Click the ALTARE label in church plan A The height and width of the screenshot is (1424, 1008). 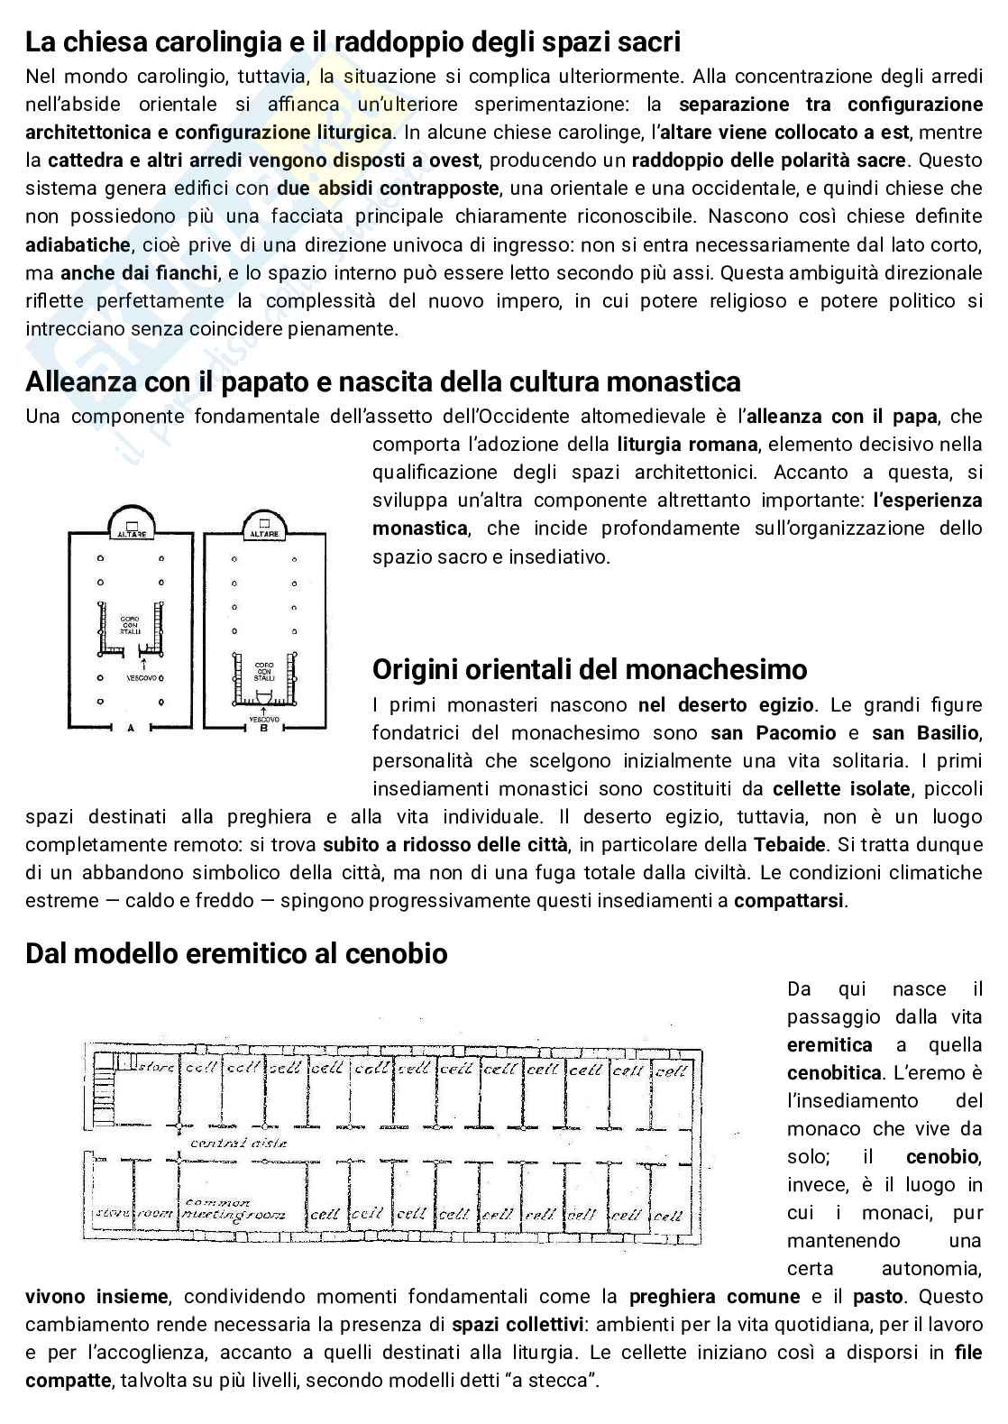tap(133, 535)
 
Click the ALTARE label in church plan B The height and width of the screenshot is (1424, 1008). tap(264, 534)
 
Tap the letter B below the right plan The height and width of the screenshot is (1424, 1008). tap(263, 730)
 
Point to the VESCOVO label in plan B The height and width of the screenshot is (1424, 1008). tap(263, 719)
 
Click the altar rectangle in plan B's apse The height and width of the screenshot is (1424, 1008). tap(263, 522)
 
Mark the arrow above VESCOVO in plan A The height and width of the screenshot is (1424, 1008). tap(131, 665)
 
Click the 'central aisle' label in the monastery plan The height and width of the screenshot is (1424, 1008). tap(239, 1142)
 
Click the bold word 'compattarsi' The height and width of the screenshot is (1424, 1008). tap(790, 901)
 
